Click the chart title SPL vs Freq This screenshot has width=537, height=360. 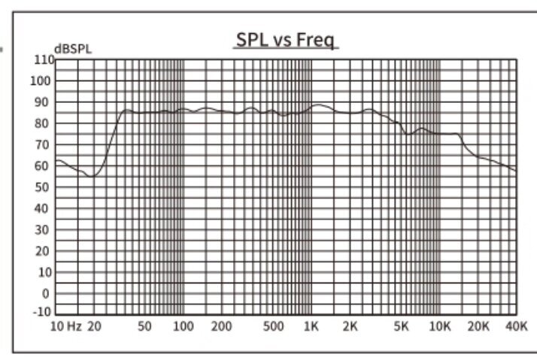(x=285, y=40)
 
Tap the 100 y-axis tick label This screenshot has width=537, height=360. (x=39, y=81)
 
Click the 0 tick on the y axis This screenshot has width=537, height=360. (x=45, y=293)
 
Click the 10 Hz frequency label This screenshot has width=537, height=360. (x=65, y=327)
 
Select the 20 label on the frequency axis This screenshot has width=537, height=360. (x=94, y=327)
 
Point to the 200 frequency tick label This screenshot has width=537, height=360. (x=221, y=327)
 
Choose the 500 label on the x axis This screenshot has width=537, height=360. (x=274, y=327)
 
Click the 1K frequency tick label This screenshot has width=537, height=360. (x=311, y=327)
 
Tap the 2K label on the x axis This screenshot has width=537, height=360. (x=349, y=327)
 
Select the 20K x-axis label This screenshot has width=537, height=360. (x=479, y=327)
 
